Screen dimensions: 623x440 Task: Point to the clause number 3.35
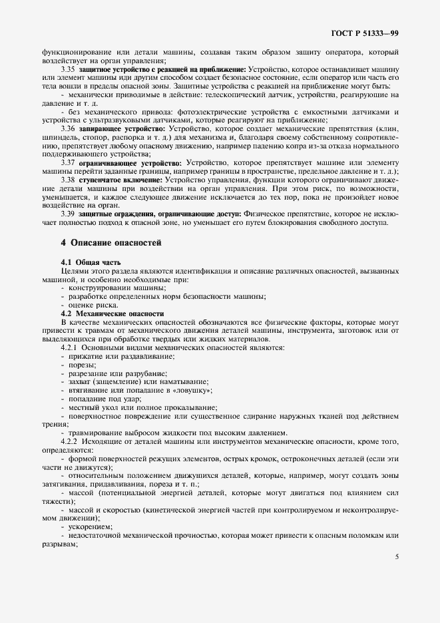68,69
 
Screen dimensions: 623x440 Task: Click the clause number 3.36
68,127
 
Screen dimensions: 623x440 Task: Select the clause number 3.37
68,162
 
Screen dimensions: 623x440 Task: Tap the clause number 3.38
68,180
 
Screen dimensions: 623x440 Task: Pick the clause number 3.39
68,214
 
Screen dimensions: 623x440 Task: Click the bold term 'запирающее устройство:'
122,127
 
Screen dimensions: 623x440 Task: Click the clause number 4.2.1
71,347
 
